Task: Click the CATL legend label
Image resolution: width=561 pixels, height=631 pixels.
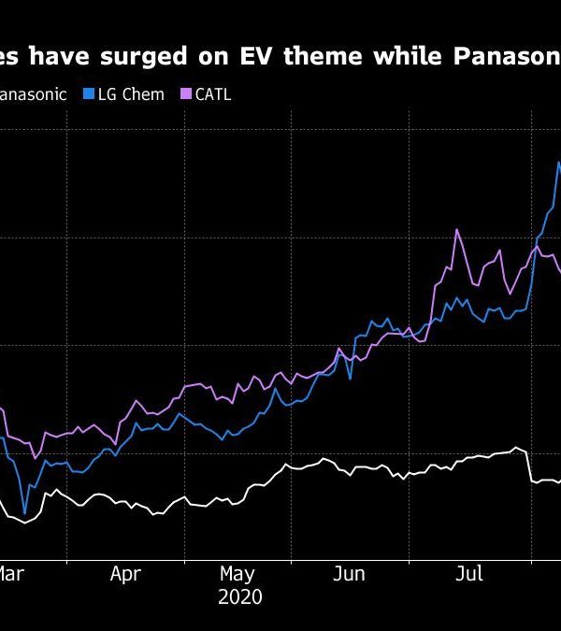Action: tap(212, 94)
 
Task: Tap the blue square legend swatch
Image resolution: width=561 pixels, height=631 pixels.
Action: tap(89, 94)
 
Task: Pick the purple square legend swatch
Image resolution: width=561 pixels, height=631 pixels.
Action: tap(185, 94)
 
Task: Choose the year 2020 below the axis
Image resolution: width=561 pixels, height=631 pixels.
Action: tap(239, 597)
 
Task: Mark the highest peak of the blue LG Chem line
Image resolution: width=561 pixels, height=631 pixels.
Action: tap(558, 163)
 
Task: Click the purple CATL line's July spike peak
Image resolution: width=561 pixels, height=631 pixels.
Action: tap(456, 229)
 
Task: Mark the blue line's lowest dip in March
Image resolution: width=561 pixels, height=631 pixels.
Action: tap(25, 512)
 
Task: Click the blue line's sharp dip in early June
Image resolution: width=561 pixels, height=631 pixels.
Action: tap(350, 378)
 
